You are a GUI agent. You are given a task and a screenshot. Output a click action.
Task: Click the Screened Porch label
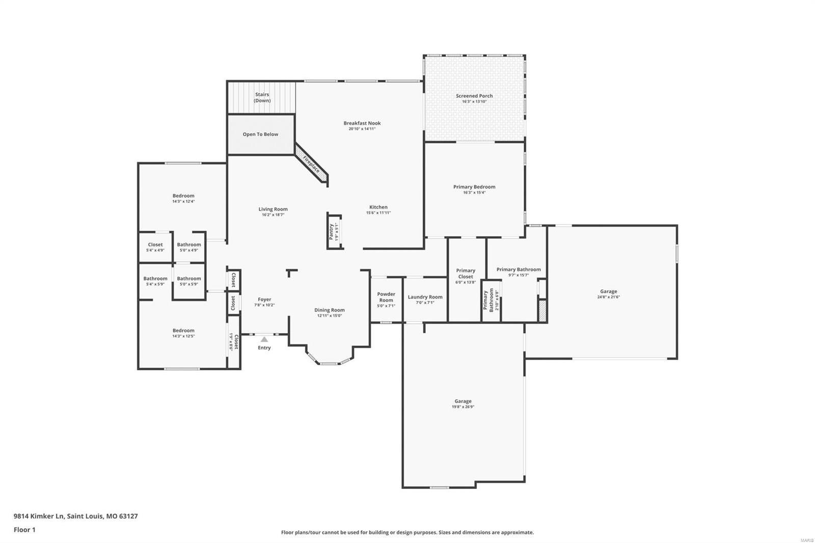[x=474, y=96]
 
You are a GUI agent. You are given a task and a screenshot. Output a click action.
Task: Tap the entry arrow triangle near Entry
[x=264, y=339]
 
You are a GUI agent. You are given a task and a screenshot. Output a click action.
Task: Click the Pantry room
[x=334, y=231]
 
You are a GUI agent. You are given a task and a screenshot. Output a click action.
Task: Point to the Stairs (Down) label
[x=262, y=97]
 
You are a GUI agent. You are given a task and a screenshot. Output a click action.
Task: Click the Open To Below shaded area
[x=260, y=134]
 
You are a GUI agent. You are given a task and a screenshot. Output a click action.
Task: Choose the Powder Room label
[x=386, y=297]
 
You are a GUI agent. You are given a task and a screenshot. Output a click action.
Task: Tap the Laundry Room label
[x=425, y=297]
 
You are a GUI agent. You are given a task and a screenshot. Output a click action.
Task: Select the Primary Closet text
[x=466, y=274]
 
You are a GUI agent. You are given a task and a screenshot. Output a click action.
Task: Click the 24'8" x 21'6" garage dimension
[x=608, y=297]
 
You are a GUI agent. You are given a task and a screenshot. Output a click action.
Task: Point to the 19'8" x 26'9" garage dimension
[x=463, y=407]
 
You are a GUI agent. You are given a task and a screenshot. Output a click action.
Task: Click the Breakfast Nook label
[x=362, y=123]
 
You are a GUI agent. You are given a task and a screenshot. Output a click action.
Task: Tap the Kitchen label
[x=378, y=207]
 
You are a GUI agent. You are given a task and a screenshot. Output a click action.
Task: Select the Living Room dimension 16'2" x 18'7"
[x=273, y=215]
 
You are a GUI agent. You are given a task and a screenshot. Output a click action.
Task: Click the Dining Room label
[x=329, y=310]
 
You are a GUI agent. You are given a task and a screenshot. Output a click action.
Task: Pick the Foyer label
[x=264, y=300]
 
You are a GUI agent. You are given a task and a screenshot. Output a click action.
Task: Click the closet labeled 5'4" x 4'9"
[x=155, y=247]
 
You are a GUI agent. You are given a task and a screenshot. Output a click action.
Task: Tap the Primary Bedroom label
[x=474, y=187]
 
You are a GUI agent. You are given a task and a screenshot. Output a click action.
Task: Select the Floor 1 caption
[x=24, y=530]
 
